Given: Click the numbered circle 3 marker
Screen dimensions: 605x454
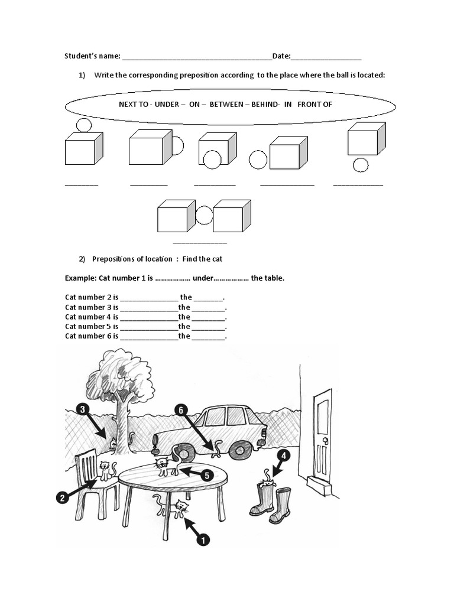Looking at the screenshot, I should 83,409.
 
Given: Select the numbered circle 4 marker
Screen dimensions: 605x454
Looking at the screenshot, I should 284,456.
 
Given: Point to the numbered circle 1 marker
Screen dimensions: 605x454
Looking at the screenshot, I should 203,539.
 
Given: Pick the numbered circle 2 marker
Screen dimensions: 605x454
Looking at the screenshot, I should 62,498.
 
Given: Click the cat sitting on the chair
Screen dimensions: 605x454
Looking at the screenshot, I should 106,470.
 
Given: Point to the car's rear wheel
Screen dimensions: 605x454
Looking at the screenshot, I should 241,450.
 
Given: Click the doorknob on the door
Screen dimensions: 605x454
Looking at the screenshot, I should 325,441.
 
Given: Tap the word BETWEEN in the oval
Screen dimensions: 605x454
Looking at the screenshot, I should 226,104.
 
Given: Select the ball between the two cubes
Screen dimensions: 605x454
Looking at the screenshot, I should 204,214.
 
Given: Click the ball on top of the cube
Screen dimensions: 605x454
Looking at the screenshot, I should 84,125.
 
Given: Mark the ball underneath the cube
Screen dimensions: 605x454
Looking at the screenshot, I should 361,165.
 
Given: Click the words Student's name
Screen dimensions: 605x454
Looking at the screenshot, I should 92,56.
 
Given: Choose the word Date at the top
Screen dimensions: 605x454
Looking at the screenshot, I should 281,56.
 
